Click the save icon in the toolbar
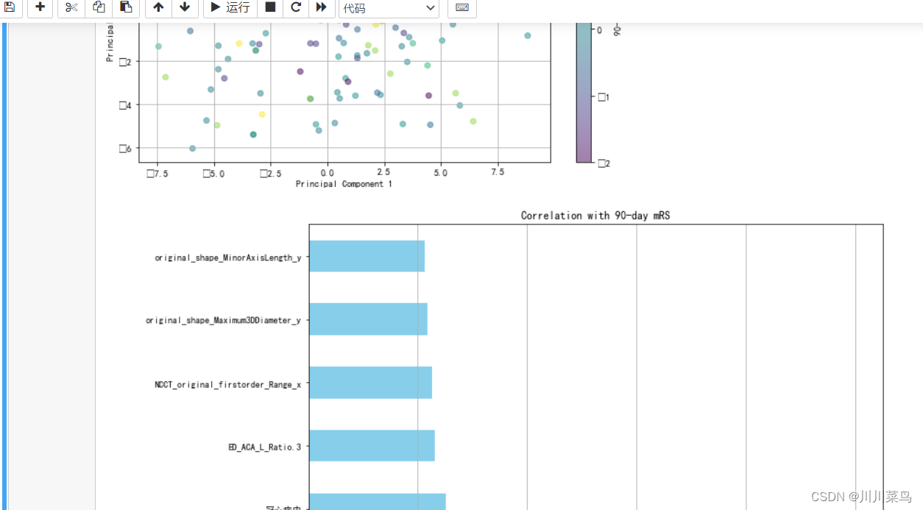tap(10, 7)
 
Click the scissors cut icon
tap(71, 7)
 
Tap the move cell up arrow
tap(158, 7)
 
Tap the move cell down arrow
tap(185, 7)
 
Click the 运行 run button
tap(230, 7)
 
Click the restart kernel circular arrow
tap(296, 7)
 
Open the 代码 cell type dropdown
tap(389, 8)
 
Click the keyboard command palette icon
tap(462, 7)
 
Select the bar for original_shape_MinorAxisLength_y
tap(367, 256)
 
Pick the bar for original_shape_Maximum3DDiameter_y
tap(368, 319)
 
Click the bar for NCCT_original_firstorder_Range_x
tap(370, 383)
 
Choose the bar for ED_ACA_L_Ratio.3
tap(372, 445)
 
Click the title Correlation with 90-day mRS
tap(595, 216)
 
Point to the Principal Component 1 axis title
tap(344, 184)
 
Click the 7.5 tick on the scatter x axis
tap(498, 172)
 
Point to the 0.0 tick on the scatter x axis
tap(328, 172)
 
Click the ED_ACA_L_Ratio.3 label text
tap(264, 447)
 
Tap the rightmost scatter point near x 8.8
tap(528, 35)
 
